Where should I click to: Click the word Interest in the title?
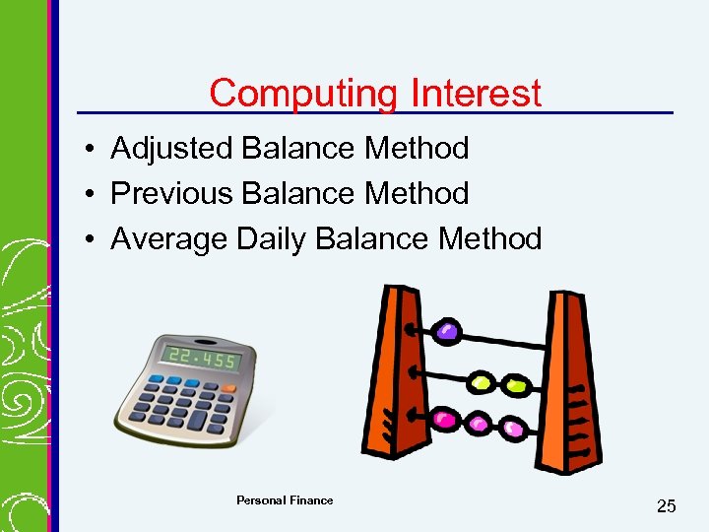pyautogui.click(x=477, y=94)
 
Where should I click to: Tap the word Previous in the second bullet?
pyautogui.click(x=171, y=194)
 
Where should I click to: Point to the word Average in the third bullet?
pyautogui.click(x=169, y=239)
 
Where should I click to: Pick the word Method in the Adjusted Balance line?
pyautogui.click(x=417, y=149)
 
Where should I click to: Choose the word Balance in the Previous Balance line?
pyautogui.click(x=298, y=194)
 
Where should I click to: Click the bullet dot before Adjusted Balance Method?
pyautogui.click(x=89, y=150)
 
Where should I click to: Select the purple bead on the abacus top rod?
pyautogui.click(x=448, y=331)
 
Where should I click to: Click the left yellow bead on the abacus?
pyautogui.click(x=481, y=381)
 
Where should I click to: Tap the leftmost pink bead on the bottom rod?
pyautogui.click(x=445, y=420)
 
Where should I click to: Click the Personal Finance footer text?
pyautogui.click(x=285, y=500)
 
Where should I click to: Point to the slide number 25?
pyautogui.click(x=667, y=506)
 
